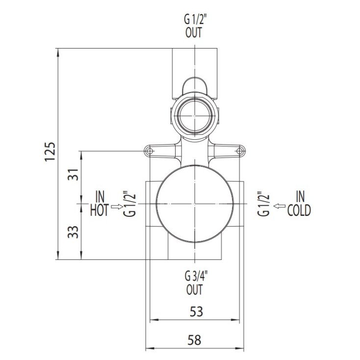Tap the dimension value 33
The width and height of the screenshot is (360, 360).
(x=73, y=231)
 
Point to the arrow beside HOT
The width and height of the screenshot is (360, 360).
(x=117, y=206)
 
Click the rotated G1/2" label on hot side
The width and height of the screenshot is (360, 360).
(x=130, y=204)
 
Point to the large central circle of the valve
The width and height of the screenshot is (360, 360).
(x=195, y=204)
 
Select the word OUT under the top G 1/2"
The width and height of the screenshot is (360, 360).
(x=194, y=34)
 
